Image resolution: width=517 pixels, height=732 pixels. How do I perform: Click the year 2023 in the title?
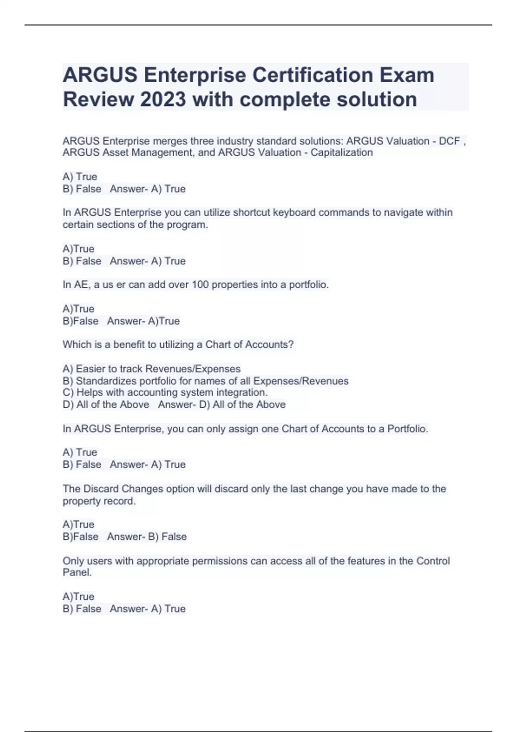[x=163, y=99]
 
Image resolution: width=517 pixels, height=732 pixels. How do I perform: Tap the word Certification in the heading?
[x=312, y=75]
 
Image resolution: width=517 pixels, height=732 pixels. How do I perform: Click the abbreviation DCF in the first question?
[x=449, y=141]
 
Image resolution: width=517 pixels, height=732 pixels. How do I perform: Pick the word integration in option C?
[x=242, y=392]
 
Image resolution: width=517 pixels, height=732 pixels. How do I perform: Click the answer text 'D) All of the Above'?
[x=242, y=404]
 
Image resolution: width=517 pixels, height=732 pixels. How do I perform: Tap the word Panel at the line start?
[x=77, y=572]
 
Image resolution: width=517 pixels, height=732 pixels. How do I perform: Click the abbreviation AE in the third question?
[x=81, y=285]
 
